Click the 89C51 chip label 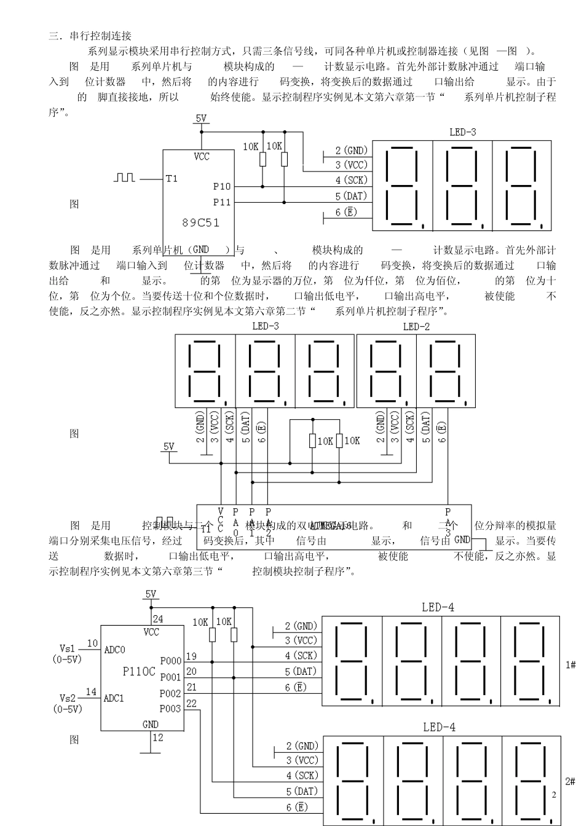[200, 222]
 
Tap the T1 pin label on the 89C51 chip [172, 179]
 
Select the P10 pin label [222, 186]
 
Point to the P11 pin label [222, 202]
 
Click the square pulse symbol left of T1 [124, 178]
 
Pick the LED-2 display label [416, 326]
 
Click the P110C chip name [139, 671]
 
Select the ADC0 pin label [114, 650]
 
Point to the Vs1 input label [67, 648]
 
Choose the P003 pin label [170, 709]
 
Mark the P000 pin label [170, 661]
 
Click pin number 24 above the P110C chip [158, 619]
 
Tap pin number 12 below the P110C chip [158, 737]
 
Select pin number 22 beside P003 [191, 703]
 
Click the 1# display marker [570, 665]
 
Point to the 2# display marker [570, 781]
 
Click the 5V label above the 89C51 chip [201, 118]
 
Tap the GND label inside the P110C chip [151, 724]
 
